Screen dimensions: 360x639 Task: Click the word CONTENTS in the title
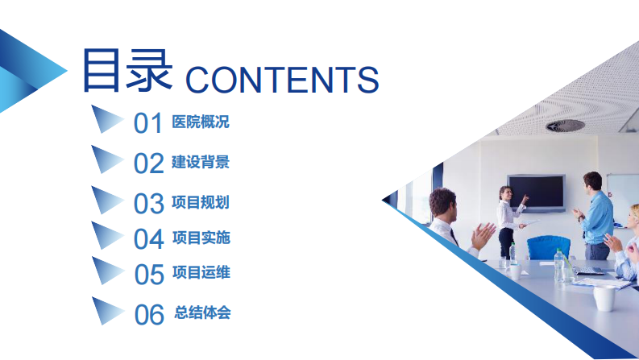coord(282,80)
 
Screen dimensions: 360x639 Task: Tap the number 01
coord(148,123)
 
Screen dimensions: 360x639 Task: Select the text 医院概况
coord(201,122)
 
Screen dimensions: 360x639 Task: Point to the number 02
coord(148,163)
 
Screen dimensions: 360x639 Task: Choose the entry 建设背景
coord(201,162)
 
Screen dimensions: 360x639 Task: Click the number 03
coord(148,203)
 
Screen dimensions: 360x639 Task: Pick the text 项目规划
coord(201,201)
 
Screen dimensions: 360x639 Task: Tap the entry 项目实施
coord(201,238)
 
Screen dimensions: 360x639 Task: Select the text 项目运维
coord(201,272)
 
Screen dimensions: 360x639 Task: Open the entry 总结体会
coord(202,312)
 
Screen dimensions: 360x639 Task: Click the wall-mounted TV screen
coord(536,192)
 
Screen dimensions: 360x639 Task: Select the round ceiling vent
coord(565,125)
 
